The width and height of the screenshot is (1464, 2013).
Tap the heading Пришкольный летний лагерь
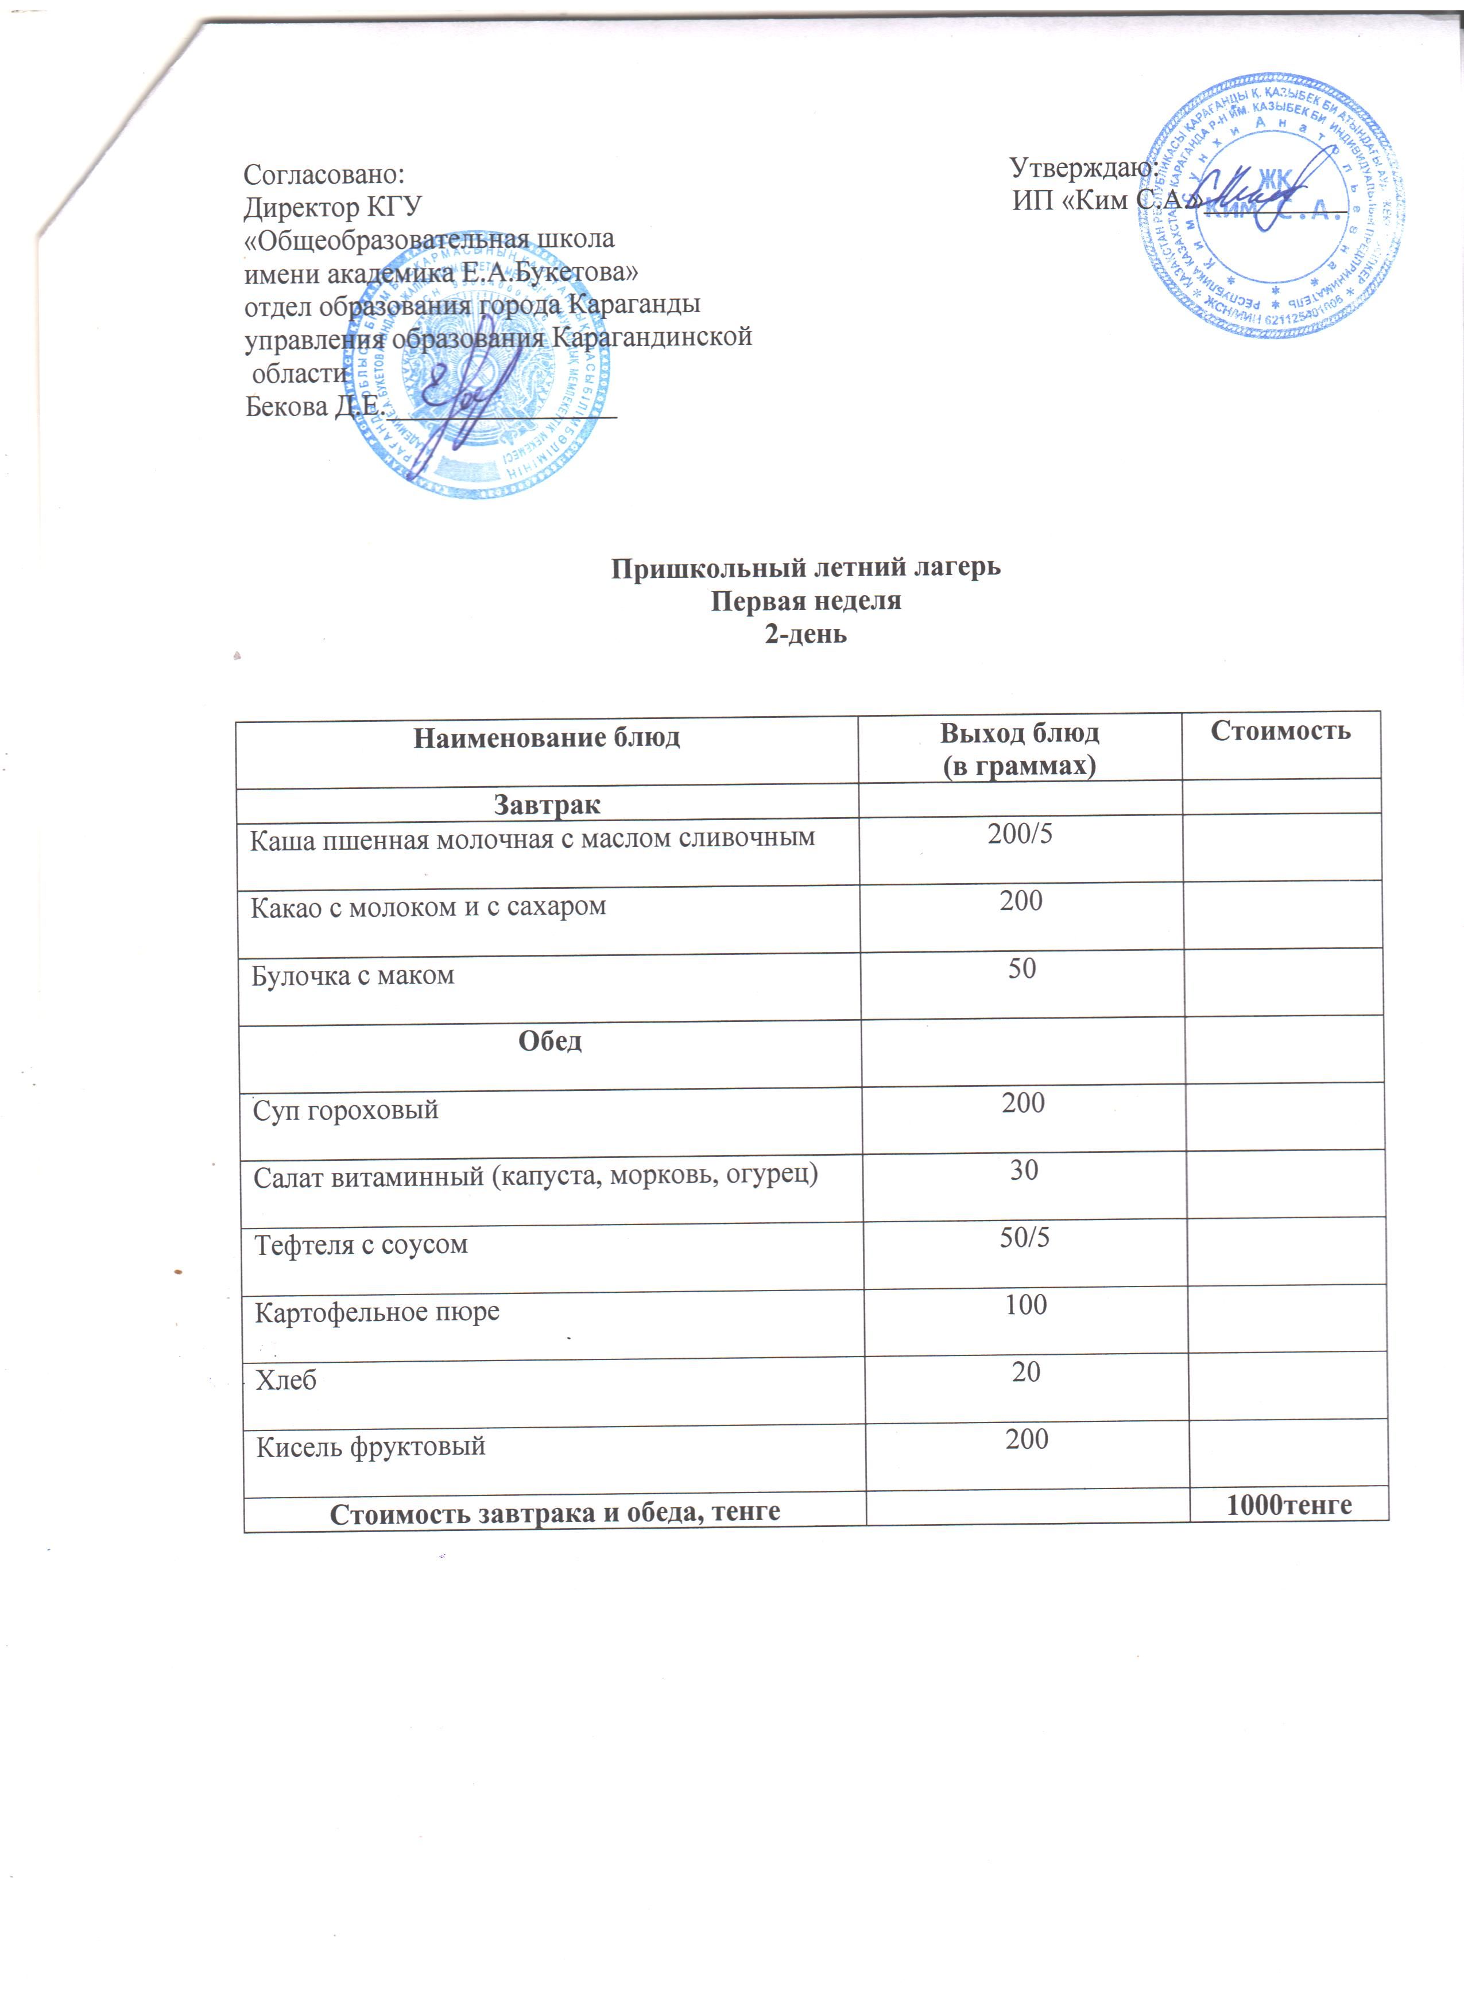pos(805,567)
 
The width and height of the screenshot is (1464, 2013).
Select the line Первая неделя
pos(805,601)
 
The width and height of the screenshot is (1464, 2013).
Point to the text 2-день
pos(805,635)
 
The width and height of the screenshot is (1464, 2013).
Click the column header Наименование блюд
pos(547,737)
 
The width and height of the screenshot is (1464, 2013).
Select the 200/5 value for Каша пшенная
pos(1020,834)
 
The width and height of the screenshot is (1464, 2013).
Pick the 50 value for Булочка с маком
pos(1022,968)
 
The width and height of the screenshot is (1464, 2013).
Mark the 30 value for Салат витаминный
pos(1024,1171)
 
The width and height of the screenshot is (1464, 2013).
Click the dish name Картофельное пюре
pos(377,1312)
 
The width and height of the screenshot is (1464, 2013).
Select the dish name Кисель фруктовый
pos(371,1447)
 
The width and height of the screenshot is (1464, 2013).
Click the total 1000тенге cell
pos(1289,1505)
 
